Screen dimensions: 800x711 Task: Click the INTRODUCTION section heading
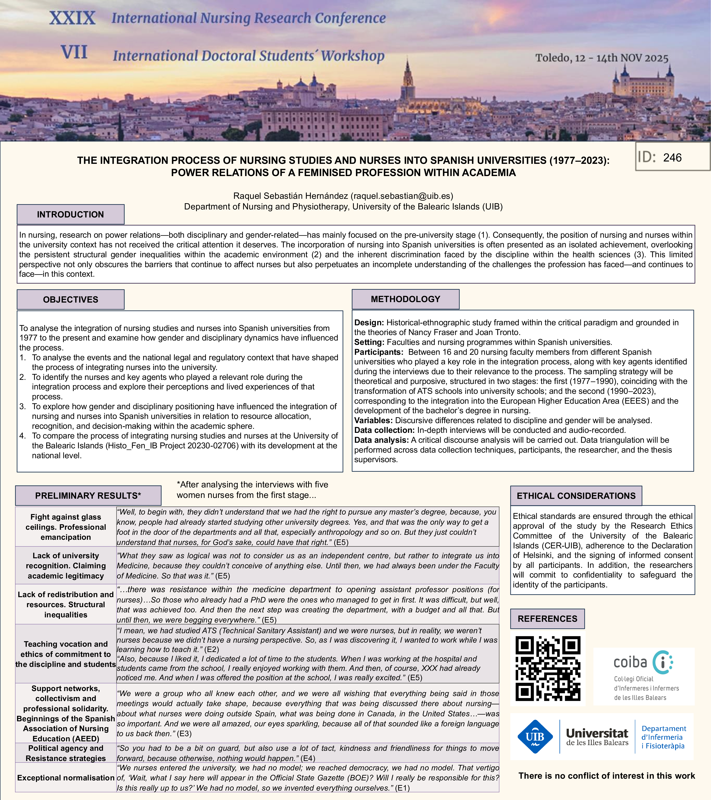[x=70, y=214]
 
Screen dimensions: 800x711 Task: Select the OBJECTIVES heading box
[x=70, y=299]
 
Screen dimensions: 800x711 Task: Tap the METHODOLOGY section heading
[x=405, y=299]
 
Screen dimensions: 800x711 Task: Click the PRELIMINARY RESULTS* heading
[x=88, y=496]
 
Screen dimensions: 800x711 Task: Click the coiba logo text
[x=630, y=662]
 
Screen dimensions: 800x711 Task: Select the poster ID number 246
[x=672, y=158]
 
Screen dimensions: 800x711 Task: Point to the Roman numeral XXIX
[x=72, y=18]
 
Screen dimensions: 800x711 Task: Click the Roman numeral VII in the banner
[x=74, y=52]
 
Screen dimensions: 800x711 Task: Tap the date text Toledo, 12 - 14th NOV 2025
[x=602, y=58]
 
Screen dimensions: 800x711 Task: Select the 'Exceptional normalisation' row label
[x=66, y=778]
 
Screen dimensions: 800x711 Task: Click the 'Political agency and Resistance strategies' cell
[x=66, y=753]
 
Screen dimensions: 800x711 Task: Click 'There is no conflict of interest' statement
[x=606, y=776]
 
